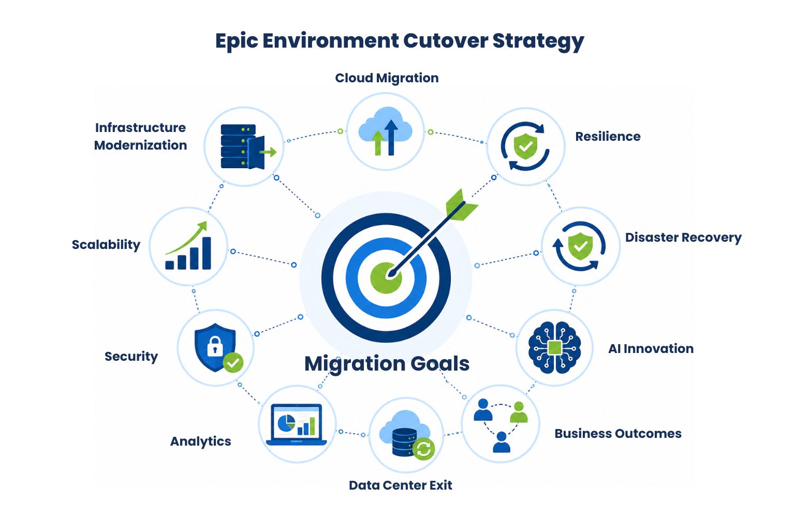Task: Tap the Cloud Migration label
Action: coord(387,78)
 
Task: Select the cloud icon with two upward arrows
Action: coord(386,131)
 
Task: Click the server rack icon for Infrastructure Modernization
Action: coord(248,146)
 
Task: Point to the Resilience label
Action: coord(608,136)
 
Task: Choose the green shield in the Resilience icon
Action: coord(526,146)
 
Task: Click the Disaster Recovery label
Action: coord(683,238)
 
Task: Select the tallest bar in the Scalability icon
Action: coord(207,253)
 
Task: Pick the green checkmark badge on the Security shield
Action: coord(233,363)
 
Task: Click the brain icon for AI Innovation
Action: coord(555,347)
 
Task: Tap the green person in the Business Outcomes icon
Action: coord(519,412)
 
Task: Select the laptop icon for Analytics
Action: coord(297,424)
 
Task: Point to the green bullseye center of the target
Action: coord(386,278)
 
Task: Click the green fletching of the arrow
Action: coord(461,206)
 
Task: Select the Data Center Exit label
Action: coord(400,485)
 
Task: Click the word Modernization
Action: coord(140,145)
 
